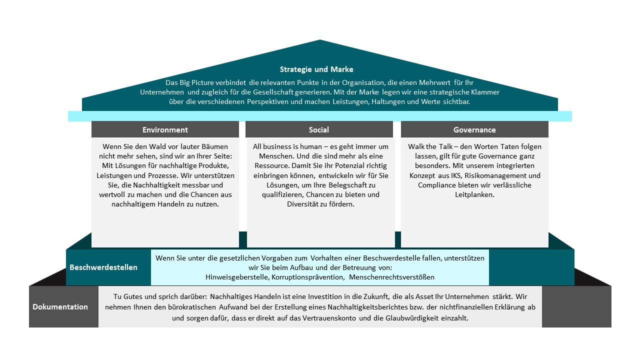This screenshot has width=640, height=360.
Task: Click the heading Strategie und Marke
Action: point(316,69)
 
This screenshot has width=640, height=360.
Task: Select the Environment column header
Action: point(165,129)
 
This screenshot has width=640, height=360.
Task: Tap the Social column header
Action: point(319,129)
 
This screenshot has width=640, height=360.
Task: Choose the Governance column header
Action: point(474,129)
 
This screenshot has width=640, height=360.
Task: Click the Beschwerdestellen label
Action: point(103,267)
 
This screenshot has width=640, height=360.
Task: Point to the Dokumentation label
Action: point(60,307)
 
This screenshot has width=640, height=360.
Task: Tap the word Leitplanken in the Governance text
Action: point(474,194)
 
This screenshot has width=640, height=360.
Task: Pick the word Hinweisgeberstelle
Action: point(237,277)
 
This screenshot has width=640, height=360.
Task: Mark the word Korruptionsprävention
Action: point(307,277)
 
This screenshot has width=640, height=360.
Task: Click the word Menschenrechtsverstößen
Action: point(391,277)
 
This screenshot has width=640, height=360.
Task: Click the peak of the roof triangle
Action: point(319,40)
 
